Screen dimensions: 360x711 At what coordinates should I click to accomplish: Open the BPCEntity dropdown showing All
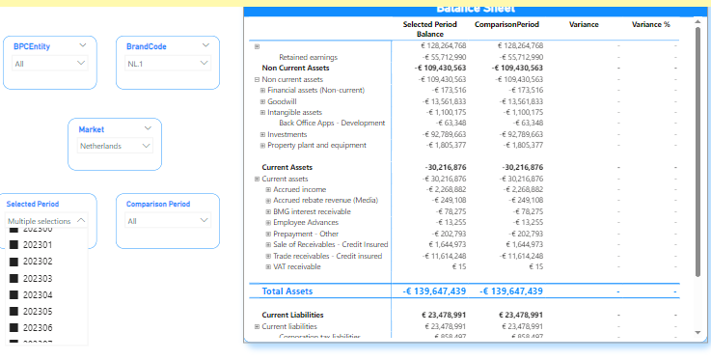tap(49, 64)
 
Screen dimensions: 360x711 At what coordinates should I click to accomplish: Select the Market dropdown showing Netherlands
tap(115, 146)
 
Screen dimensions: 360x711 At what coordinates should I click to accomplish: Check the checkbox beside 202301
tap(14, 245)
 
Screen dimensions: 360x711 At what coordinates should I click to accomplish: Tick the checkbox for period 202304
tap(14, 294)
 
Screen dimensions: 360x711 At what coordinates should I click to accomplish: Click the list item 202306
tap(37, 328)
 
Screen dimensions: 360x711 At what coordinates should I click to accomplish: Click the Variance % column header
tap(650, 24)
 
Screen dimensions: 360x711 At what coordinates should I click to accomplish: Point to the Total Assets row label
tap(287, 291)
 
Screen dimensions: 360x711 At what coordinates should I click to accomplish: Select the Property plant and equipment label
tap(316, 145)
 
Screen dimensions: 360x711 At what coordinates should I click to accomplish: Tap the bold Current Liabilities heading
tap(292, 315)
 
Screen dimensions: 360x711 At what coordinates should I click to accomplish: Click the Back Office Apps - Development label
tap(332, 123)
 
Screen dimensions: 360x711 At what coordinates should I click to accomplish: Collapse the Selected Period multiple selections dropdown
tap(81, 221)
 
